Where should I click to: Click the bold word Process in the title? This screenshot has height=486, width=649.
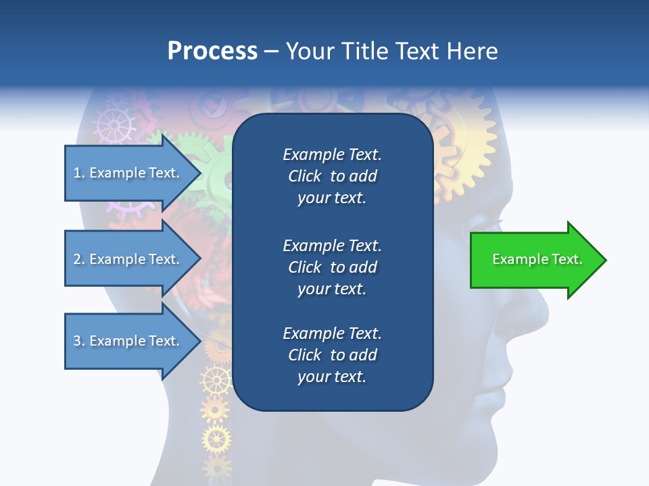pos(212,51)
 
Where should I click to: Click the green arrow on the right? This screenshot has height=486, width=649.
pos(534,260)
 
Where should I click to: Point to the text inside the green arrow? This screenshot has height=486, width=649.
pos(537,259)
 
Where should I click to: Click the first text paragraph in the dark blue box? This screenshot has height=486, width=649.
pos(332,176)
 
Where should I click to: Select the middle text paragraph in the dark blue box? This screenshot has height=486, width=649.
pos(332,267)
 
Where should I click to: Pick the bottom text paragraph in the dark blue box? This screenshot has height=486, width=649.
pos(332,355)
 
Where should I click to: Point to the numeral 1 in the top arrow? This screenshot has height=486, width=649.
pos(77,173)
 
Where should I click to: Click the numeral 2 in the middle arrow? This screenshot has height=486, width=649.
pos(77,259)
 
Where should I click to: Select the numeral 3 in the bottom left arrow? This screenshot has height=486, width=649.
pos(77,341)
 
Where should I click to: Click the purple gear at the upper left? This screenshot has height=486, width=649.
pos(114,124)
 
